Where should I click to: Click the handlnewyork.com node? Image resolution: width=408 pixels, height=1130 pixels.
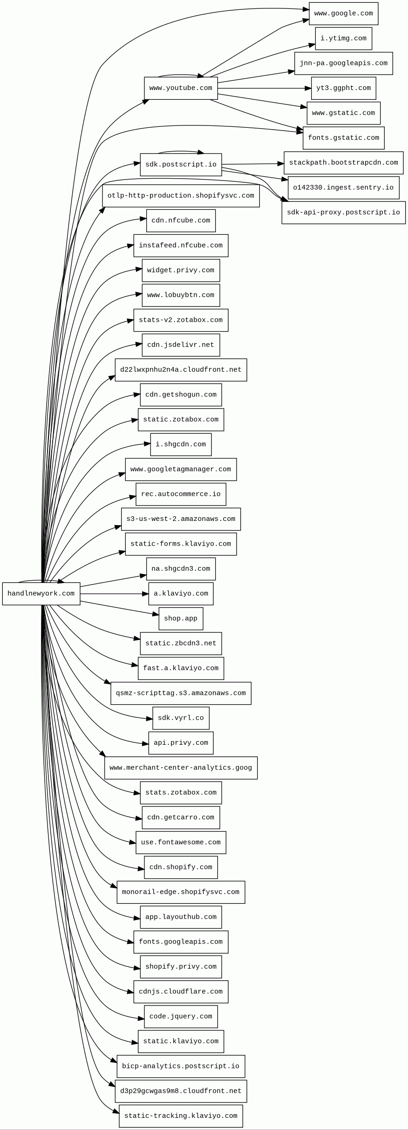click(41, 594)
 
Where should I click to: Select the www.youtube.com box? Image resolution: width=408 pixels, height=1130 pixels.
click(181, 88)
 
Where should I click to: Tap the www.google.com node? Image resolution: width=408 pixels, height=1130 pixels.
click(343, 14)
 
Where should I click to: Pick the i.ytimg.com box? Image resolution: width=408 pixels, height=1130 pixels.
click(343, 38)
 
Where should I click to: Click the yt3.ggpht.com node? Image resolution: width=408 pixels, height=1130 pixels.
click(343, 88)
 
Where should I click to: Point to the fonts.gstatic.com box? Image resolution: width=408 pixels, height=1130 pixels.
click(343, 138)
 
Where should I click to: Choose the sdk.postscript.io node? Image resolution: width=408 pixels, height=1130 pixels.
click(181, 165)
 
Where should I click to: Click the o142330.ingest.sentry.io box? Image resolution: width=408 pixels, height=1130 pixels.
click(343, 187)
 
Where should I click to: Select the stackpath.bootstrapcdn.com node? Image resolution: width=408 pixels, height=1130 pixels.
click(343, 163)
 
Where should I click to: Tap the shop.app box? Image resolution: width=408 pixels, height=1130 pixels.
click(181, 618)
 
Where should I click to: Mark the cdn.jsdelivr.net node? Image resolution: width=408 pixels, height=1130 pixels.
click(181, 345)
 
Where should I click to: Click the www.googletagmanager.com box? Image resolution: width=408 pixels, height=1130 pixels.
click(181, 469)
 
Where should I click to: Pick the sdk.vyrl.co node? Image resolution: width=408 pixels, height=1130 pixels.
click(181, 718)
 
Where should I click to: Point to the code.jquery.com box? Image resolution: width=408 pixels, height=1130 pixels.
click(181, 1016)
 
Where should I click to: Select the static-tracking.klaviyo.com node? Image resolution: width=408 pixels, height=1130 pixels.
click(181, 1116)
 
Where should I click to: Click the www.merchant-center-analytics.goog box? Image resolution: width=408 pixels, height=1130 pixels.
click(181, 768)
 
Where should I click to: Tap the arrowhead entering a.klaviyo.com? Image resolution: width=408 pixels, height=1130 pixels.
click(146, 594)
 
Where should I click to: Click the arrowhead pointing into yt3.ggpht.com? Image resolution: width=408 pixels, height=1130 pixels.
click(308, 88)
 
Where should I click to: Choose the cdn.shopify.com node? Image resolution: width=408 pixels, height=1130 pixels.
click(181, 867)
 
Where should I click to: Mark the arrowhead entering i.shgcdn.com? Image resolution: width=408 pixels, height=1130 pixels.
click(148, 444)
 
